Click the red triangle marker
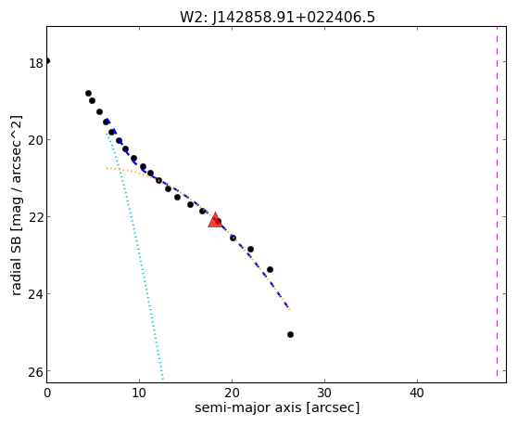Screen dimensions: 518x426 [x=215, y=221]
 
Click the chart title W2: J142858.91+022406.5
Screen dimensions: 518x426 [x=277, y=17]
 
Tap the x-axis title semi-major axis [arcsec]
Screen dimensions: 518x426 [x=277, y=407]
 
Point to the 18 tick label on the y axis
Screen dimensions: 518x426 [x=36, y=63]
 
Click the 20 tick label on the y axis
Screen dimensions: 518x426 [x=36, y=140]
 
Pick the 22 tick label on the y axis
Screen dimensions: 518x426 [x=36, y=217]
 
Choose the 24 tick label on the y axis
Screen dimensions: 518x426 [x=36, y=294]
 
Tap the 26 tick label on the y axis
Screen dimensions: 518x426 [x=36, y=372]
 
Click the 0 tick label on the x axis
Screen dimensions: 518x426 [x=47, y=393]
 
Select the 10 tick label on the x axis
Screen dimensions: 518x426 [x=139, y=393]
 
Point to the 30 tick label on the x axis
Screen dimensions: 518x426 [x=324, y=393]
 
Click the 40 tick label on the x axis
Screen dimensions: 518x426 [x=417, y=393]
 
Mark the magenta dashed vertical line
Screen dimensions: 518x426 [x=497, y=201]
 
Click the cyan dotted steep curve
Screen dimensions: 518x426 [x=134, y=255]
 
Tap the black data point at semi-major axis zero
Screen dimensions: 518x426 [x=47, y=61]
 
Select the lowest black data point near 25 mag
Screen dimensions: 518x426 [x=290, y=335]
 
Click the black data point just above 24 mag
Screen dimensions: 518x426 [x=270, y=269]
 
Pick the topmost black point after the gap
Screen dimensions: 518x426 [x=88, y=94]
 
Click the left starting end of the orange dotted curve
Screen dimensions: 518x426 [x=107, y=168]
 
